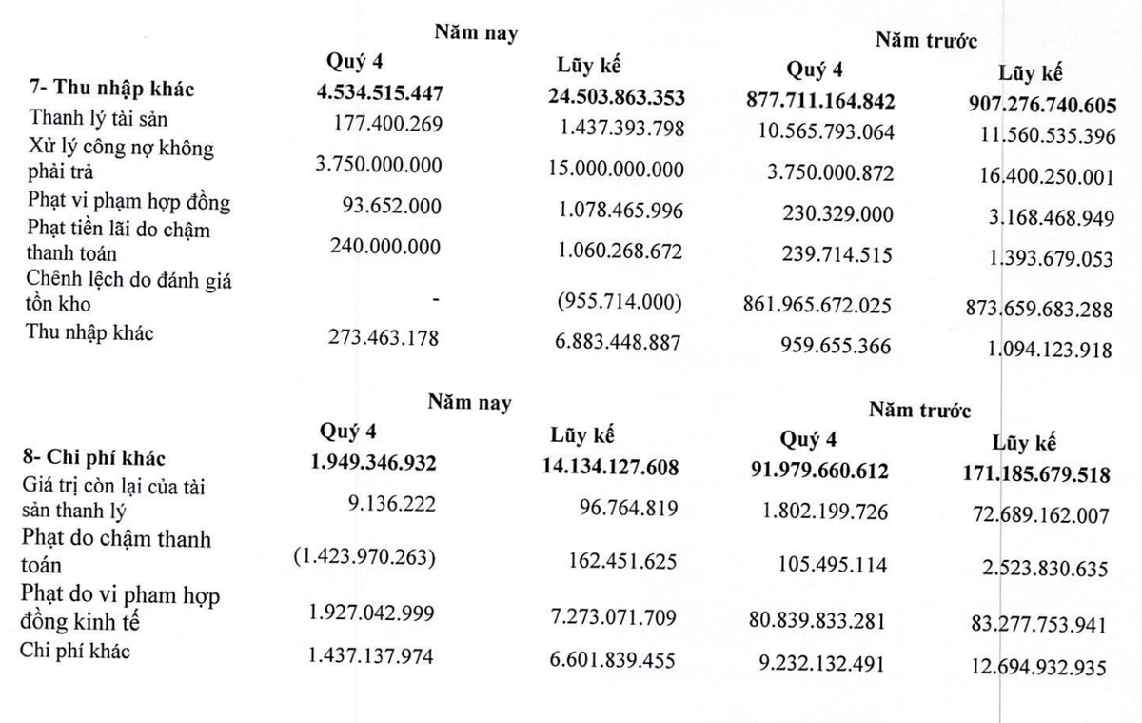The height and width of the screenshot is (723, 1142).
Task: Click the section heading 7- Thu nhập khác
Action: coord(112,90)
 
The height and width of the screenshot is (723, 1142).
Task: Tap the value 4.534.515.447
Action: coord(381,94)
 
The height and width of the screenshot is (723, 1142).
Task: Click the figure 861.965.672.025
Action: coord(817,306)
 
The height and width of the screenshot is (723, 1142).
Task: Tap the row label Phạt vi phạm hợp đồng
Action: coord(130,202)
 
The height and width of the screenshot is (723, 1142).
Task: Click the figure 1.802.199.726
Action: coord(824,512)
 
